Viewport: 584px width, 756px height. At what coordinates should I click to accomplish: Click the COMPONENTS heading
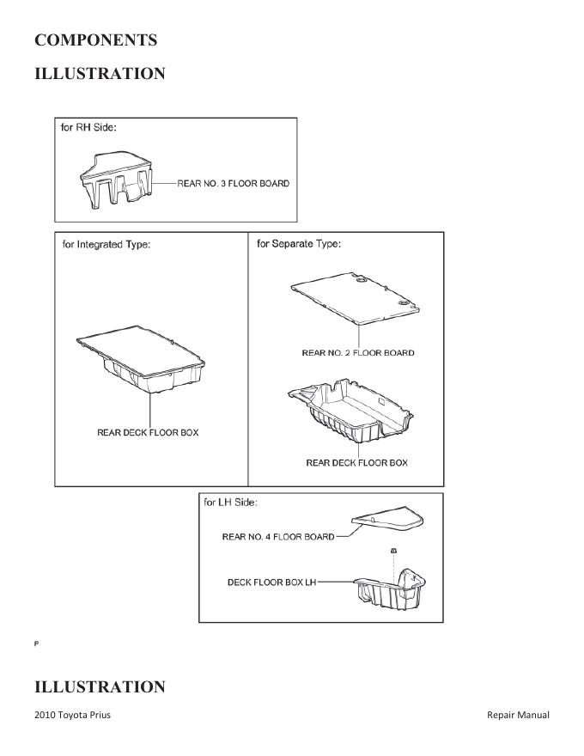coord(95,40)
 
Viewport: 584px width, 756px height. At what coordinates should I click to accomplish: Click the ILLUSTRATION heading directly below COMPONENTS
coord(100,74)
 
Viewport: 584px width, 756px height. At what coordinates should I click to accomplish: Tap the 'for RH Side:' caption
coord(89,127)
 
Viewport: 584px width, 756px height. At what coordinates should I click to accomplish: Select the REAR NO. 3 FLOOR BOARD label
coord(234,183)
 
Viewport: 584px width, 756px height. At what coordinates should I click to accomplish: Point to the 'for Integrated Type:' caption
coord(106,245)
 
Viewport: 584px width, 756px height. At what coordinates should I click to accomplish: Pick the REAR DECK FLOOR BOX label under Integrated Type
coord(148,432)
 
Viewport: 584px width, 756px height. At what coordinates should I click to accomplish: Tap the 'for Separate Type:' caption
coord(299,244)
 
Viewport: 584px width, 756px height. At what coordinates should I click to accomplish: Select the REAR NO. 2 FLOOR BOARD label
coord(358,352)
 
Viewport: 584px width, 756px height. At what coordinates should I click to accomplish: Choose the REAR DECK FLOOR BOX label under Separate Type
coord(357,463)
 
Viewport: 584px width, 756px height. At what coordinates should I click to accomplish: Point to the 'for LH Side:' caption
coord(231,503)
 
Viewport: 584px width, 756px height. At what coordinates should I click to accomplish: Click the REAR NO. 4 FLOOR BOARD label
coord(278,537)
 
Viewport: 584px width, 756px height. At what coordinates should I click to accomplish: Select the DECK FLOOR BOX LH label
coord(272,582)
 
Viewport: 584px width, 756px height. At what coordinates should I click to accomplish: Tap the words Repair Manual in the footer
coord(518,715)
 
